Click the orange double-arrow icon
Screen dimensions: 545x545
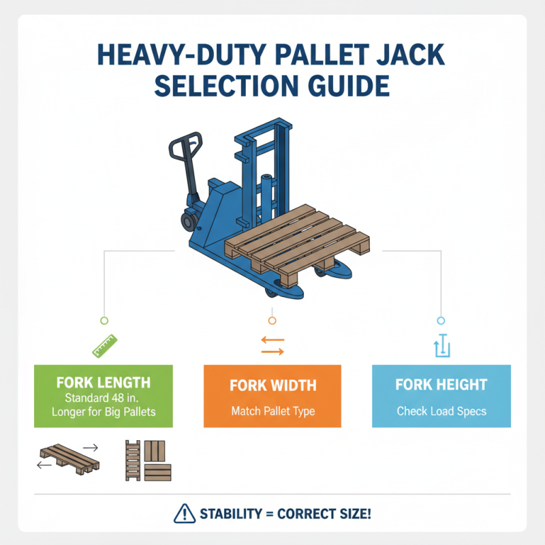coord(272,345)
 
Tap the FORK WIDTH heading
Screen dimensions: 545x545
coord(272,386)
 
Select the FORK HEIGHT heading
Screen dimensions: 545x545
coord(441,386)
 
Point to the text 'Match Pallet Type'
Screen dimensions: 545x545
coord(272,411)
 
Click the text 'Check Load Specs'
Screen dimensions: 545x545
coord(441,411)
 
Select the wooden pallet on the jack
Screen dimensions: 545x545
coord(297,243)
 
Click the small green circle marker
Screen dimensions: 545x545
coord(104,320)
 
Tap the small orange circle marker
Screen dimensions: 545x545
coord(272,320)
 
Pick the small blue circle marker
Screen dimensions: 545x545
coord(440,320)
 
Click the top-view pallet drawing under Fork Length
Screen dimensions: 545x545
coord(148,460)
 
